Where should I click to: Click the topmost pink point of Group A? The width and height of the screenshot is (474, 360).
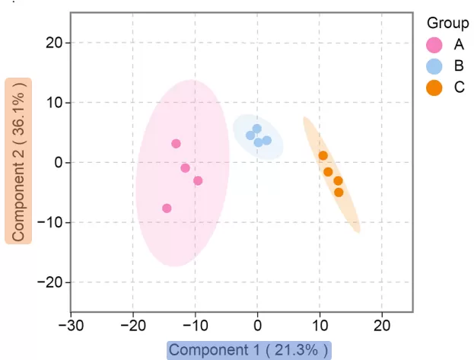coord(176,143)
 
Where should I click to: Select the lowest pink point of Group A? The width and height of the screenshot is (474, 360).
coord(167,208)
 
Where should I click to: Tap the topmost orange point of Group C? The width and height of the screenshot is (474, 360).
coord(323,155)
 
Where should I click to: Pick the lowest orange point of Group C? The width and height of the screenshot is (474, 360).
coord(339,192)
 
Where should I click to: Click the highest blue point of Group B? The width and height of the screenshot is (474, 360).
coord(257,129)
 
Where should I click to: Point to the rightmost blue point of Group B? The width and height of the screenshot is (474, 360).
coord(267,140)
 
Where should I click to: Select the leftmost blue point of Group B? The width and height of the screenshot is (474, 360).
coord(250,135)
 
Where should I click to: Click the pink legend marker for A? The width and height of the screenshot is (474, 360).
coord(434,44)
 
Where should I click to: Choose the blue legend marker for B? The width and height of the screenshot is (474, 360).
coord(434,66)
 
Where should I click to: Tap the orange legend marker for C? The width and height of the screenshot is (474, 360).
coord(434,88)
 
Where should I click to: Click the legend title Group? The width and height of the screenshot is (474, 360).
coord(447,23)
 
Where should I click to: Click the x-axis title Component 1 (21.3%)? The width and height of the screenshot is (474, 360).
coord(250,350)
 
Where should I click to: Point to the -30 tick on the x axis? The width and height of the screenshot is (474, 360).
coord(71,326)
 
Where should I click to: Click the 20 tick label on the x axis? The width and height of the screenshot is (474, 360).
coord(381,326)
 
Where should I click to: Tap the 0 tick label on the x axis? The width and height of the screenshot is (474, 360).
coord(257,326)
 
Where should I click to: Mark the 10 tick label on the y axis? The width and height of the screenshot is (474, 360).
coord(56,103)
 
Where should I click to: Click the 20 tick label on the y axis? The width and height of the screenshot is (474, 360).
coord(56,43)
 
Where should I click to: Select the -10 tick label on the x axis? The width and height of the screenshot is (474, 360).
coord(195,326)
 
